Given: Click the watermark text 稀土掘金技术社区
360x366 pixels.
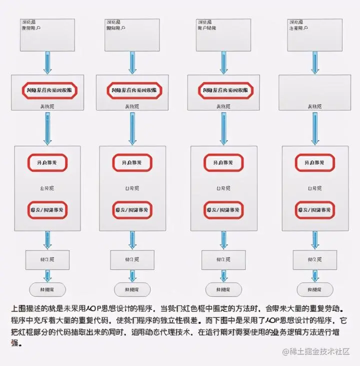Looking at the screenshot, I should [x=320, y=352].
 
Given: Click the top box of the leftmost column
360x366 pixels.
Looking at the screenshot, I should [x=47, y=35].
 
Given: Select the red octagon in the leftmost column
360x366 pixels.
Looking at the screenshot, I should [x=49, y=91].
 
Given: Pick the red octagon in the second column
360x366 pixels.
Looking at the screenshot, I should [x=134, y=91].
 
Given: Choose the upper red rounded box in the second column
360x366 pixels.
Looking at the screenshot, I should [x=132, y=163].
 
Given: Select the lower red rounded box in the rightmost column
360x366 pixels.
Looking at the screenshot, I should [x=314, y=210].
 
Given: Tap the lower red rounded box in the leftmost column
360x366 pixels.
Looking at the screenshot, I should [x=47, y=210].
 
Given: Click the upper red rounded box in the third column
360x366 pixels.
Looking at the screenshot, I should [x=223, y=163].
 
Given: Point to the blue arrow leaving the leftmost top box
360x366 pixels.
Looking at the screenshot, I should [x=47, y=63].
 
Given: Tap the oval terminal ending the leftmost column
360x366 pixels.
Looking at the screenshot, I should [x=47, y=289].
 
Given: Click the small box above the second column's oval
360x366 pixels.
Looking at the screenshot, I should [x=132, y=260].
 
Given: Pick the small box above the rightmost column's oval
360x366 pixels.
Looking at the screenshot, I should [x=315, y=260].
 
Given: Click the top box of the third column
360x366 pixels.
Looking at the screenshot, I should [x=223, y=35].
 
